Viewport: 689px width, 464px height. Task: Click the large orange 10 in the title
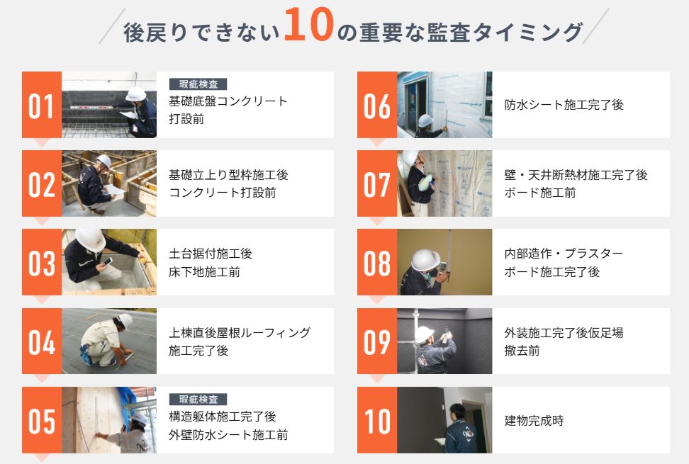[308, 25]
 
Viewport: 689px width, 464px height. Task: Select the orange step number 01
[42, 105]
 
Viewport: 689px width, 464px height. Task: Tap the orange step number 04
[42, 341]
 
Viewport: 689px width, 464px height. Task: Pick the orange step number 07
[377, 183]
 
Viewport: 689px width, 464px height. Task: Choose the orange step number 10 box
[377, 420]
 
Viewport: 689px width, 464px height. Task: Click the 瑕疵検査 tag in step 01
[198, 84]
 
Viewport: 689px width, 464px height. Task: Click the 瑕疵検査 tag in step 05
[198, 399]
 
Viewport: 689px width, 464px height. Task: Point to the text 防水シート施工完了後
[564, 105]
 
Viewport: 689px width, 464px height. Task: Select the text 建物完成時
[534, 421]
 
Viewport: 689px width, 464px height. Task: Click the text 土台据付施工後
[211, 254]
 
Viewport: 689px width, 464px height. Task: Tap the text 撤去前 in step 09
[522, 351]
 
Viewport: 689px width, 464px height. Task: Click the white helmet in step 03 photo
[90, 239]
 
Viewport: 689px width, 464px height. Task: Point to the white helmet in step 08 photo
[425, 260]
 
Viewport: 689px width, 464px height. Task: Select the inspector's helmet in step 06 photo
[425, 120]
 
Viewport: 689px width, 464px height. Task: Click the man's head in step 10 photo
[456, 412]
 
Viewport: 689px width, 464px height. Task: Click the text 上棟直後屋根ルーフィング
[240, 332]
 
